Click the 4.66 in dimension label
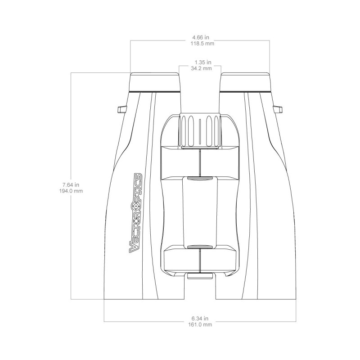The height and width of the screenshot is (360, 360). [200, 37]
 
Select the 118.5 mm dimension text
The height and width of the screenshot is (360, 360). [202, 43]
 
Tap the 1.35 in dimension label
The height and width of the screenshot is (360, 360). [203, 62]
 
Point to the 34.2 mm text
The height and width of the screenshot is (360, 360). [201, 68]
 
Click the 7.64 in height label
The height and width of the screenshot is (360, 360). [71, 184]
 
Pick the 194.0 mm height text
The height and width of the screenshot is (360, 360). [71, 191]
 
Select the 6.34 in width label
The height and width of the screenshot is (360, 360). [200, 319]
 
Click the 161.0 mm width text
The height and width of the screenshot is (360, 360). [200, 324]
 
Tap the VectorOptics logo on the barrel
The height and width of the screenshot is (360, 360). [136, 213]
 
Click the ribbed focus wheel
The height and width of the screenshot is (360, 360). [200, 130]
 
